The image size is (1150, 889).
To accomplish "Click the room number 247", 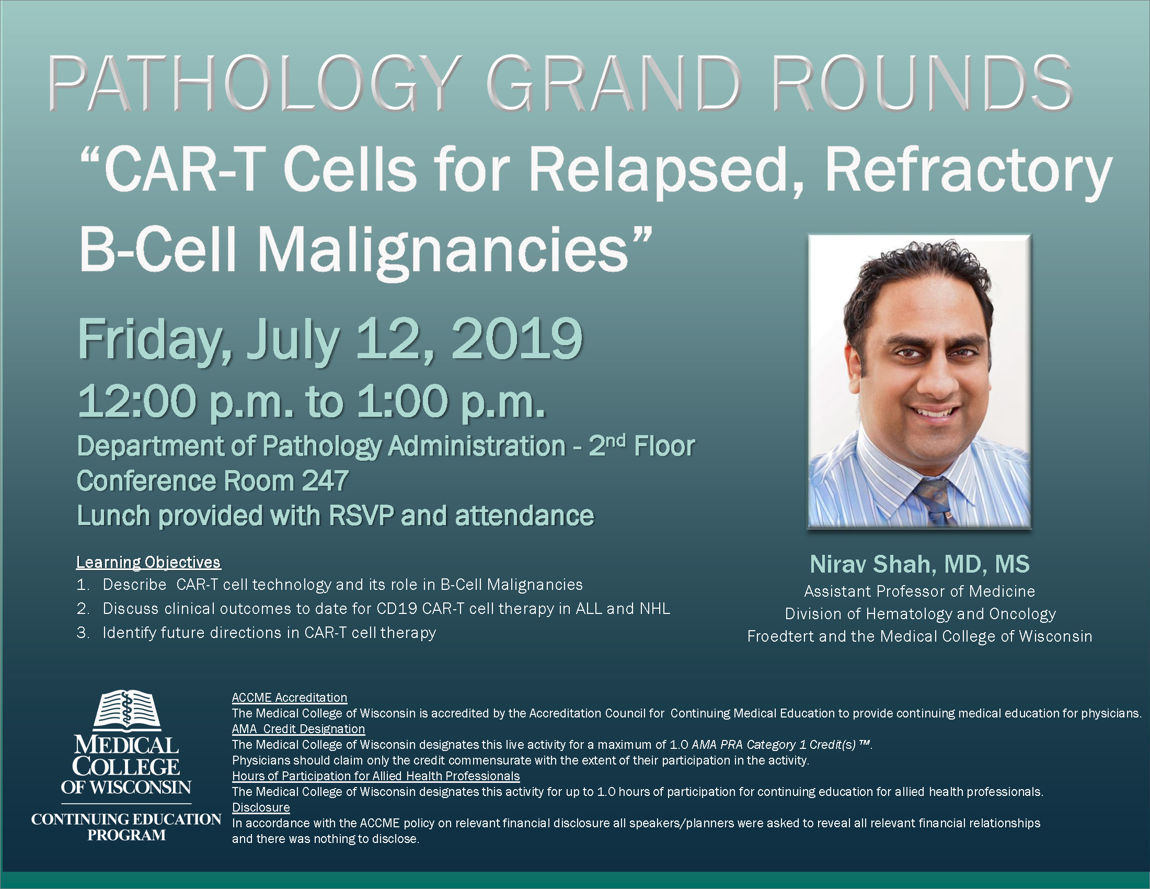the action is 325,480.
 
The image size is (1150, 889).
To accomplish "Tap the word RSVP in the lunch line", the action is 361,515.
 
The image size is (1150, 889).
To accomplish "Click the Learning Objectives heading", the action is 148,562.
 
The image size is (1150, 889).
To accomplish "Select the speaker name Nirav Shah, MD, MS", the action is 919,564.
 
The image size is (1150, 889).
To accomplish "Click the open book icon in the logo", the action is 126,710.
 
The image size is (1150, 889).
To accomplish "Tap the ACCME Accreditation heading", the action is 290,697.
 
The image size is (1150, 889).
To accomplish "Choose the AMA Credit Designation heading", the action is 298,729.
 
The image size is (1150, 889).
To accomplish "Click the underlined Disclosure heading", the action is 261,807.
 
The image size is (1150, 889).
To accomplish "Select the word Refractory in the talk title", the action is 968,172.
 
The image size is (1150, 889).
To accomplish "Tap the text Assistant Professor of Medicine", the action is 919,591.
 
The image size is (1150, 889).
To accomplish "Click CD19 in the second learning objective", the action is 397,608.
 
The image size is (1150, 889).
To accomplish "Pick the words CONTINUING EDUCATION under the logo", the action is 126,819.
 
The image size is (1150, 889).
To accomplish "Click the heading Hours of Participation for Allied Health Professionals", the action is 376,776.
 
